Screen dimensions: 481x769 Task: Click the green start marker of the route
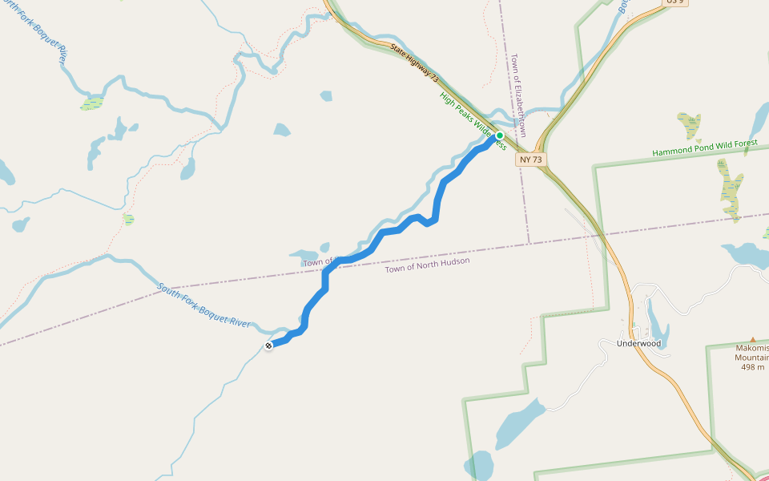500,135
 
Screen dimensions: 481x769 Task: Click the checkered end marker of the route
268,346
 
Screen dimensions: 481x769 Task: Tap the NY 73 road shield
530,160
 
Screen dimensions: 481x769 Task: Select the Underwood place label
638,343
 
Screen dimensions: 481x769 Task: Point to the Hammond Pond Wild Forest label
704,148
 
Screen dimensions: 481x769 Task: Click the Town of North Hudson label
427,265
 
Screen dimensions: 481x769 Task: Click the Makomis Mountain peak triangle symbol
752,340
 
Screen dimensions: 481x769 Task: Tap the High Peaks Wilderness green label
472,121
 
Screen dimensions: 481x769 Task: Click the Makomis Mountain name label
752,353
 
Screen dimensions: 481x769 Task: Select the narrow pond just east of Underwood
656,321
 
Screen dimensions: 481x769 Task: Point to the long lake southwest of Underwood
521,421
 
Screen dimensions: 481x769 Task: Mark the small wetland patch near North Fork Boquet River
93,103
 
